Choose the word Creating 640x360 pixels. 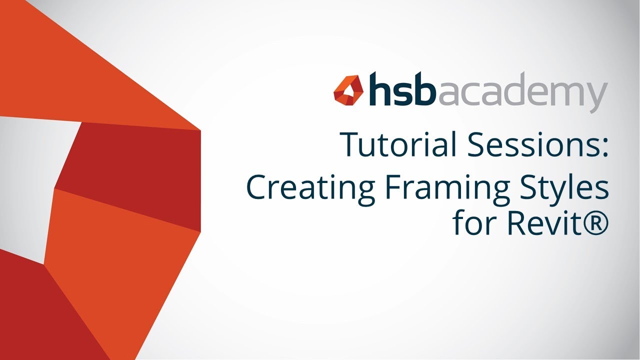[x=310, y=188]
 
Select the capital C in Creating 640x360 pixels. [x=257, y=187]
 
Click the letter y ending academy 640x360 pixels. [x=597, y=96]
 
